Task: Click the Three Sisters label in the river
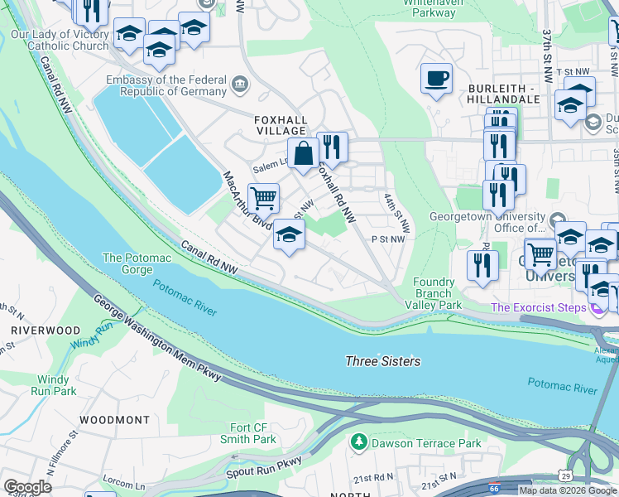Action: (382, 361)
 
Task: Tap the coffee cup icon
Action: (436, 79)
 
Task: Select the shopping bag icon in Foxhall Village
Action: (304, 153)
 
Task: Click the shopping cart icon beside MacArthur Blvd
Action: (263, 198)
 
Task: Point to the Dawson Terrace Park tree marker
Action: (358, 443)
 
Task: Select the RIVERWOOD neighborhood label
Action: (46, 330)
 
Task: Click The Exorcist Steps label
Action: (538, 307)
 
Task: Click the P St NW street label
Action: (388, 239)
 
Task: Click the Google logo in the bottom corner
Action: (27, 487)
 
